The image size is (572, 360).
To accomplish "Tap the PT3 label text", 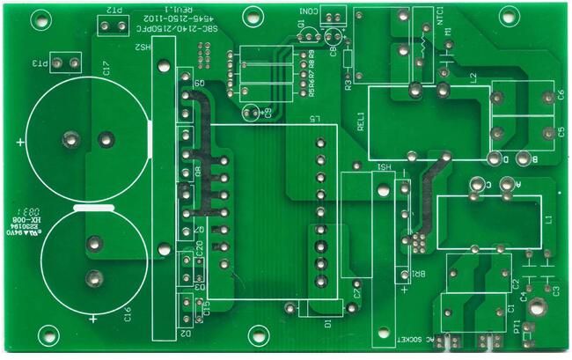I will (41, 64).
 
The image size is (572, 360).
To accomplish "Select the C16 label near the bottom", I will (128, 312).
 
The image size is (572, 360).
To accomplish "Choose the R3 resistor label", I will (348, 85).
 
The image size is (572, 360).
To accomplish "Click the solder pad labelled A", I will (508, 186).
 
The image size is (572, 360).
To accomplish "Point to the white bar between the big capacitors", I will (94, 209).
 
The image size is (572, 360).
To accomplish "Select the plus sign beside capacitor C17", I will (21, 141).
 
